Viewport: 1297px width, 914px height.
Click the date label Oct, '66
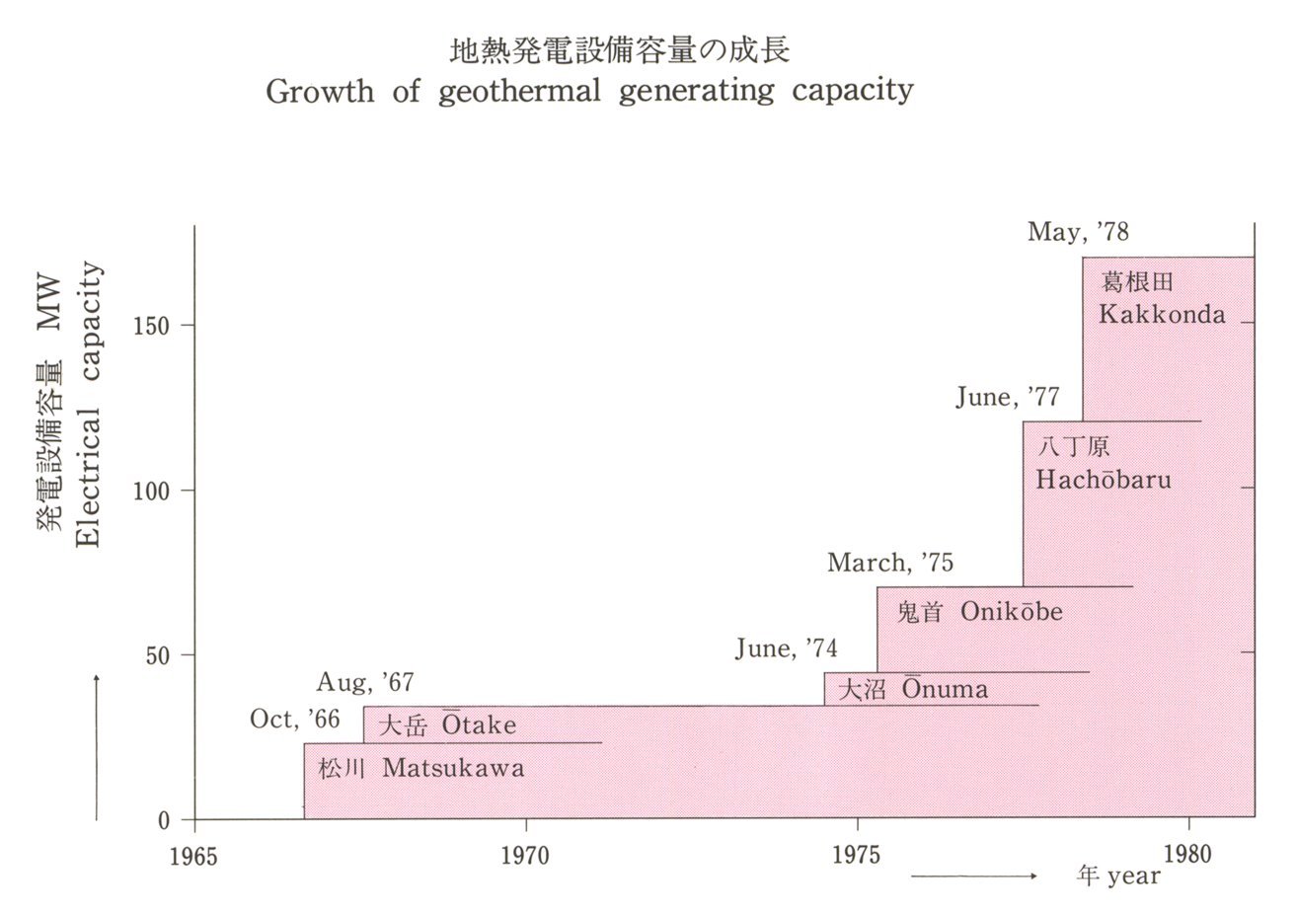pos(295,720)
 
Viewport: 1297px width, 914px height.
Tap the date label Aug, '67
pos(365,682)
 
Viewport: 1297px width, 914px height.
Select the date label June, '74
pos(787,648)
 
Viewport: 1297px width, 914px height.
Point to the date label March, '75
pos(890,563)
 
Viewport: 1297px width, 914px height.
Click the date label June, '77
pos(1008,397)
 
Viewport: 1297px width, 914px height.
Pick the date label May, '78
pos(1078,233)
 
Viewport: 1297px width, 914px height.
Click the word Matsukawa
pos(453,768)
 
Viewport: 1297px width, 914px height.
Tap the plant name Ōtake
pos(478,724)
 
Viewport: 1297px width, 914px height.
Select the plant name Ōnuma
pos(944,688)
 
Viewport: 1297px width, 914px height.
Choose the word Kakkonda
pos(1162,315)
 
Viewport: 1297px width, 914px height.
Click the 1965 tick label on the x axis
pos(193,854)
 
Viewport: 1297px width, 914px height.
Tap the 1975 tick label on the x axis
pos(857,854)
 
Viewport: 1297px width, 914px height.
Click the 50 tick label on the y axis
pos(158,654)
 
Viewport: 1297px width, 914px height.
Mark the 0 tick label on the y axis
pos(164,819)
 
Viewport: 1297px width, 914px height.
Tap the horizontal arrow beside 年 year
pos(973,876)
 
